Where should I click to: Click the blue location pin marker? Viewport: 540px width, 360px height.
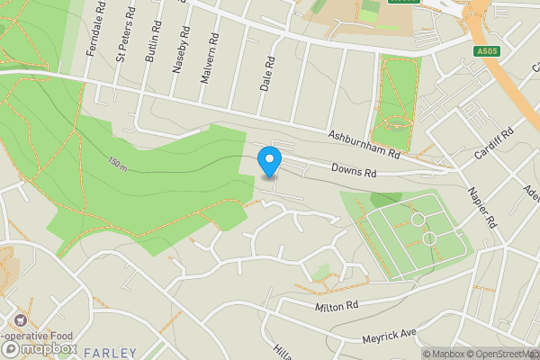[268, 162]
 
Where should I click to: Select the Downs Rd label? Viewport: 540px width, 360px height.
[352, 168]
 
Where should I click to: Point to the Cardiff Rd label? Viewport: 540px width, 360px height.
[494, 143]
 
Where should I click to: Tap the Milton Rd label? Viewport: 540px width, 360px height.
[337, 307]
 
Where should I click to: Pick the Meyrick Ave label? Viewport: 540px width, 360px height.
[390, 335]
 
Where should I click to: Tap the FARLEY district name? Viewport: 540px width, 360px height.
[111, 352]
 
